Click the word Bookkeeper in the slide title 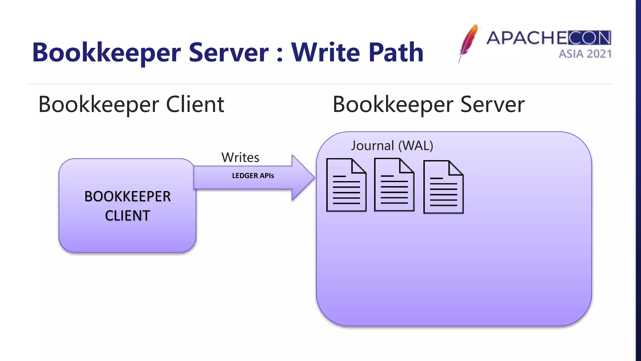[x=106, y=53]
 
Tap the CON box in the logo [x=589, y=38]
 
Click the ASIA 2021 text [x=585, y=54]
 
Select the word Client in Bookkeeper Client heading [x=195, y=104]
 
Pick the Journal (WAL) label [x=392, y=146]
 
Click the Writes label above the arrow [x=240, y=157]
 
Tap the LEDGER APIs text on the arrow [x=253, y=176]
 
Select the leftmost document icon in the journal [x=346, y=185]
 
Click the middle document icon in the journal [x=394, y=185]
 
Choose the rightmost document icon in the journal [x=443, y=187]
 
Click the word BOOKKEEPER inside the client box [x=127, y=196]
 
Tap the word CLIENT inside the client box [x=127, y=216]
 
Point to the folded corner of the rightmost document [x=455, y=168]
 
